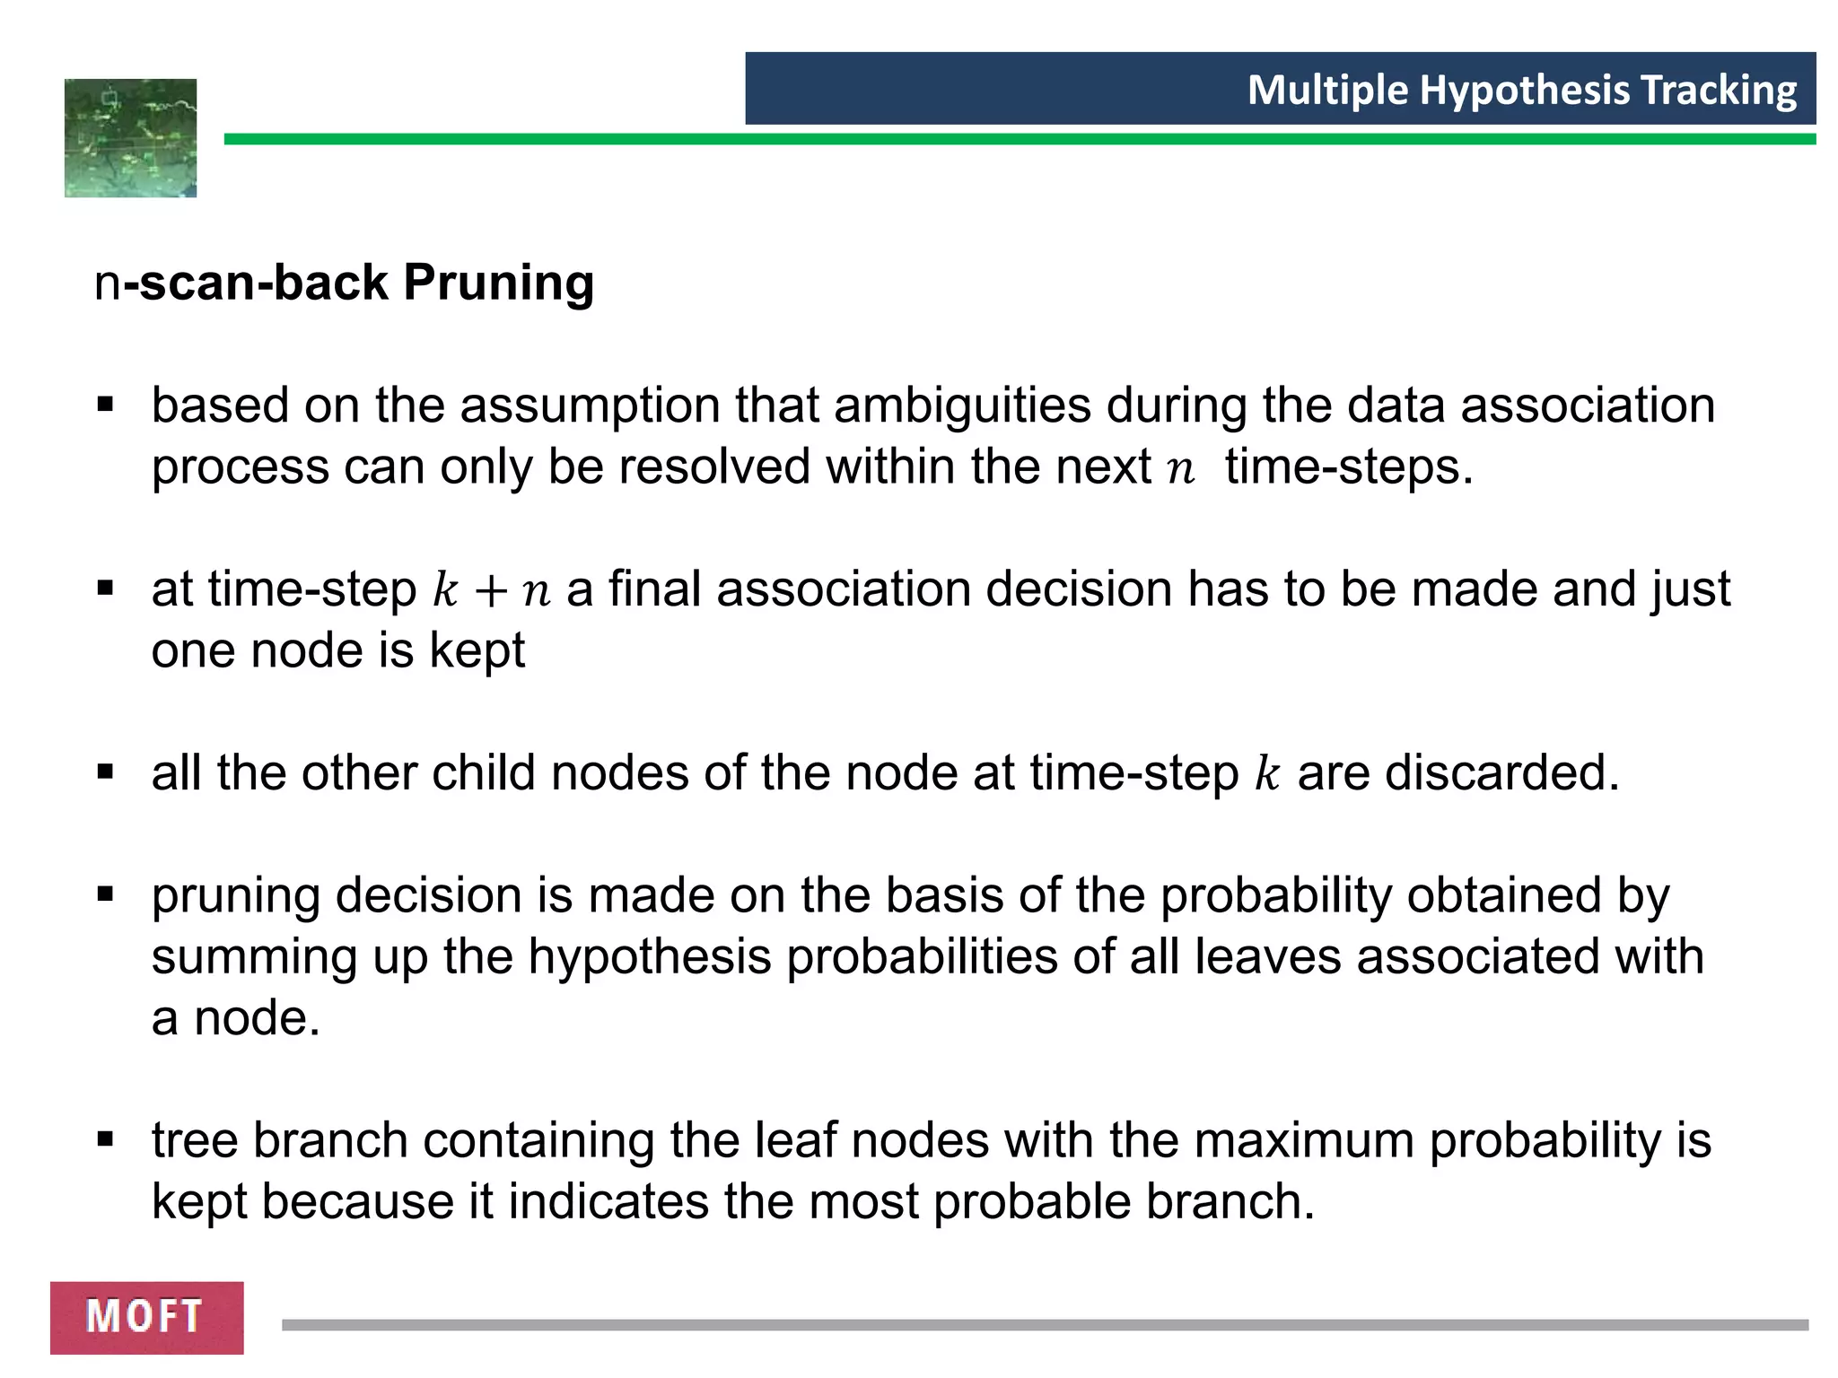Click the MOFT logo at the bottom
146,1317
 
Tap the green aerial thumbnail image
130,138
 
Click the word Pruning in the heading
499,283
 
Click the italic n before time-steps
1181,469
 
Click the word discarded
1501,773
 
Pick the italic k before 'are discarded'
1266,773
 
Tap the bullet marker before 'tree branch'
106,1140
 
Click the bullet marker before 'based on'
106,405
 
